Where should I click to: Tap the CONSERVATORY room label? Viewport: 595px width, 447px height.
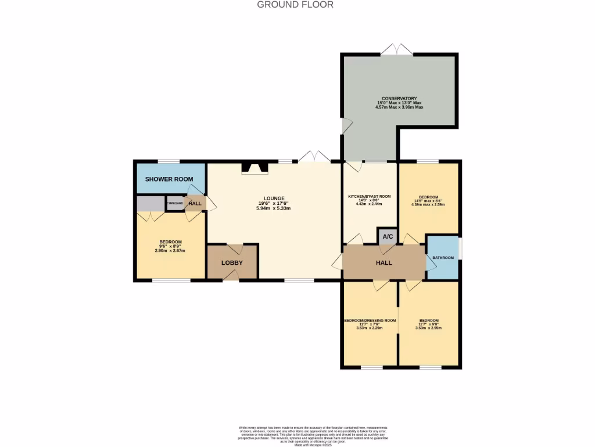click(399, 98)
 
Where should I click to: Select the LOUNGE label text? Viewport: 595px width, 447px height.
click(273, 198)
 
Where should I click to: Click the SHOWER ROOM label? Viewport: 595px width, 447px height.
click(169, 179)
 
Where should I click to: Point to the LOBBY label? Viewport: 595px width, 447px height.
click(232, 263)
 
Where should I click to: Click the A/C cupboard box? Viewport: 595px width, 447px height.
click(388, 236)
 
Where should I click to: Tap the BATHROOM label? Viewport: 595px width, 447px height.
click(442, 257)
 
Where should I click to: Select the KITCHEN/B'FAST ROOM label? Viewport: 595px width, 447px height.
click(369, 197)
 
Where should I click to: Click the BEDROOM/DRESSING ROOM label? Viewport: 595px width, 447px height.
click(370, 320)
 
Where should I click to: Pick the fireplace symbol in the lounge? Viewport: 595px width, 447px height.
click(255, 168)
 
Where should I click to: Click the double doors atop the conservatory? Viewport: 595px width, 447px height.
click(397, 50)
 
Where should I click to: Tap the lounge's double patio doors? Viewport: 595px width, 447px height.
click(314, 157)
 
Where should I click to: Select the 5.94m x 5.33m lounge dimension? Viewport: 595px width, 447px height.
click(273, 208)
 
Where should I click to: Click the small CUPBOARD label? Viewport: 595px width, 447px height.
click(175, 203)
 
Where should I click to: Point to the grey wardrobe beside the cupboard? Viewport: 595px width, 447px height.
click(150, 204)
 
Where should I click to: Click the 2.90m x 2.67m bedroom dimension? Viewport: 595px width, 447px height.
click(170, 251)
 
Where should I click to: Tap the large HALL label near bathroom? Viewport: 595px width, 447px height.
click(383, 263)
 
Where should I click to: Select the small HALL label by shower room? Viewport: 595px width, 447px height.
click(195, 203)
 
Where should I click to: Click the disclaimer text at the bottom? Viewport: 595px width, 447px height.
click(314, 435)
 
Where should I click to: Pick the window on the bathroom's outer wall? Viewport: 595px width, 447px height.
click(460, 247)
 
